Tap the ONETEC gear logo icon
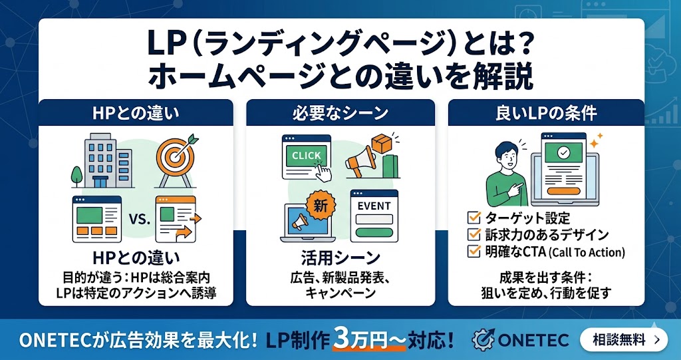coord(483,339)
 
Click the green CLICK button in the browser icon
coord(307,156)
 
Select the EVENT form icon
coord(374,216)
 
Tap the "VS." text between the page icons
coord(139,217)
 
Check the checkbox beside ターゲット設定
coord(474,218)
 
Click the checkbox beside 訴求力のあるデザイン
coord(474,234)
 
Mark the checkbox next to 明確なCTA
coord(474,251)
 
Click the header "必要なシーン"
coord(340,113)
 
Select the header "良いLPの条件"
coord(545,113)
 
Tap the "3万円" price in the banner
coord(360,339)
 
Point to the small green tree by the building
coord(78,174)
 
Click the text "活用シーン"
coord(340,257)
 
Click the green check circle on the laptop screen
coord(563,152)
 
